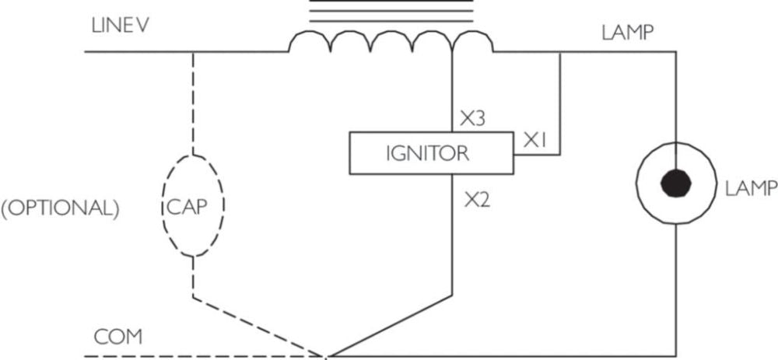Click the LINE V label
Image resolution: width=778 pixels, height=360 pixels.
click(120, 26)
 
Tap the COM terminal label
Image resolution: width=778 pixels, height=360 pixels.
click(118, 337)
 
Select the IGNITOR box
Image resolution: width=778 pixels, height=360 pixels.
click(431, 153)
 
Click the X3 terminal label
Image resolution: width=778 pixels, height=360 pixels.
click(472, 119)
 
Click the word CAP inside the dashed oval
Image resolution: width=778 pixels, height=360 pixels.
click(186, 208)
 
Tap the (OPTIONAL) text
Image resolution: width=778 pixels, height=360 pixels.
click(60, 209)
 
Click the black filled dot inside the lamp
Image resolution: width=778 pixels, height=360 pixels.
click(676, 183)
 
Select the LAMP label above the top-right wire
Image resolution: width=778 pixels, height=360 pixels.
click(628, 33)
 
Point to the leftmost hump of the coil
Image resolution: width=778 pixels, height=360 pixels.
click(310, 40)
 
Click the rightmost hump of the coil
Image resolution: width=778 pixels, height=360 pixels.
click(472, 40)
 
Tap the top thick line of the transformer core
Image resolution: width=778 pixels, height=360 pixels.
click(391, 1)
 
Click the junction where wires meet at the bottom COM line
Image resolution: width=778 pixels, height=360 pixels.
click(327, 356)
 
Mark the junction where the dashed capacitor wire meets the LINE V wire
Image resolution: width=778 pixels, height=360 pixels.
click(192, 51)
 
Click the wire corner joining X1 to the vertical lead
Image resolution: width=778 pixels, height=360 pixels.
click(560, 155)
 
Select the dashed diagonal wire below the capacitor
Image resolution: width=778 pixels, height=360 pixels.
click(259, 327)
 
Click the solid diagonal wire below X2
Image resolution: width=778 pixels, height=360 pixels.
click(391, 325)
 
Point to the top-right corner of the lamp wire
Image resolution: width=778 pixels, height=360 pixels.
click(676, 51)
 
